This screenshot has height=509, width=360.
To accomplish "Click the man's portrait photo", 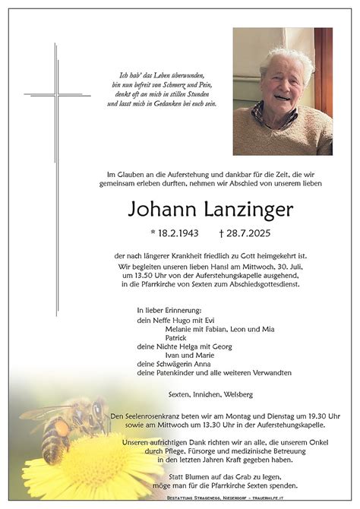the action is (283, 91).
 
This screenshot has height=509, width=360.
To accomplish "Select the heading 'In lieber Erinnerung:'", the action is (169, 311).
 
